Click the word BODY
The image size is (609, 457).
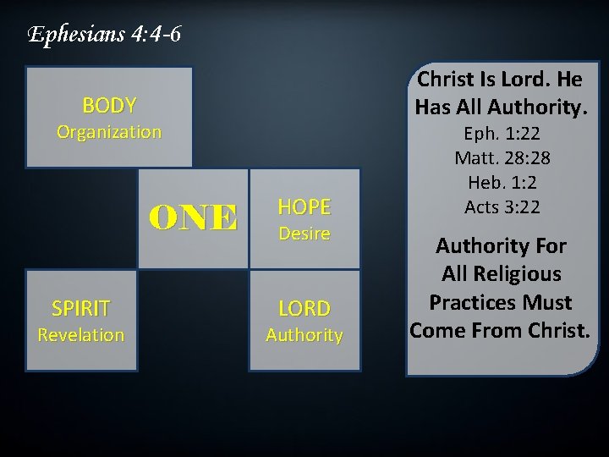[109, 106]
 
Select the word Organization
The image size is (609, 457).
[108, 132]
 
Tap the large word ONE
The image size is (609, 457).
[194, 218]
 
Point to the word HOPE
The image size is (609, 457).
[304, 206]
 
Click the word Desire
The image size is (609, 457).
[304, 234]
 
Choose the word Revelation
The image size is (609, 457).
[81, 335]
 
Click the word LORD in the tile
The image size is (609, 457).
[304, 309]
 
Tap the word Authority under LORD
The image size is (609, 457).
[304, 336]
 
